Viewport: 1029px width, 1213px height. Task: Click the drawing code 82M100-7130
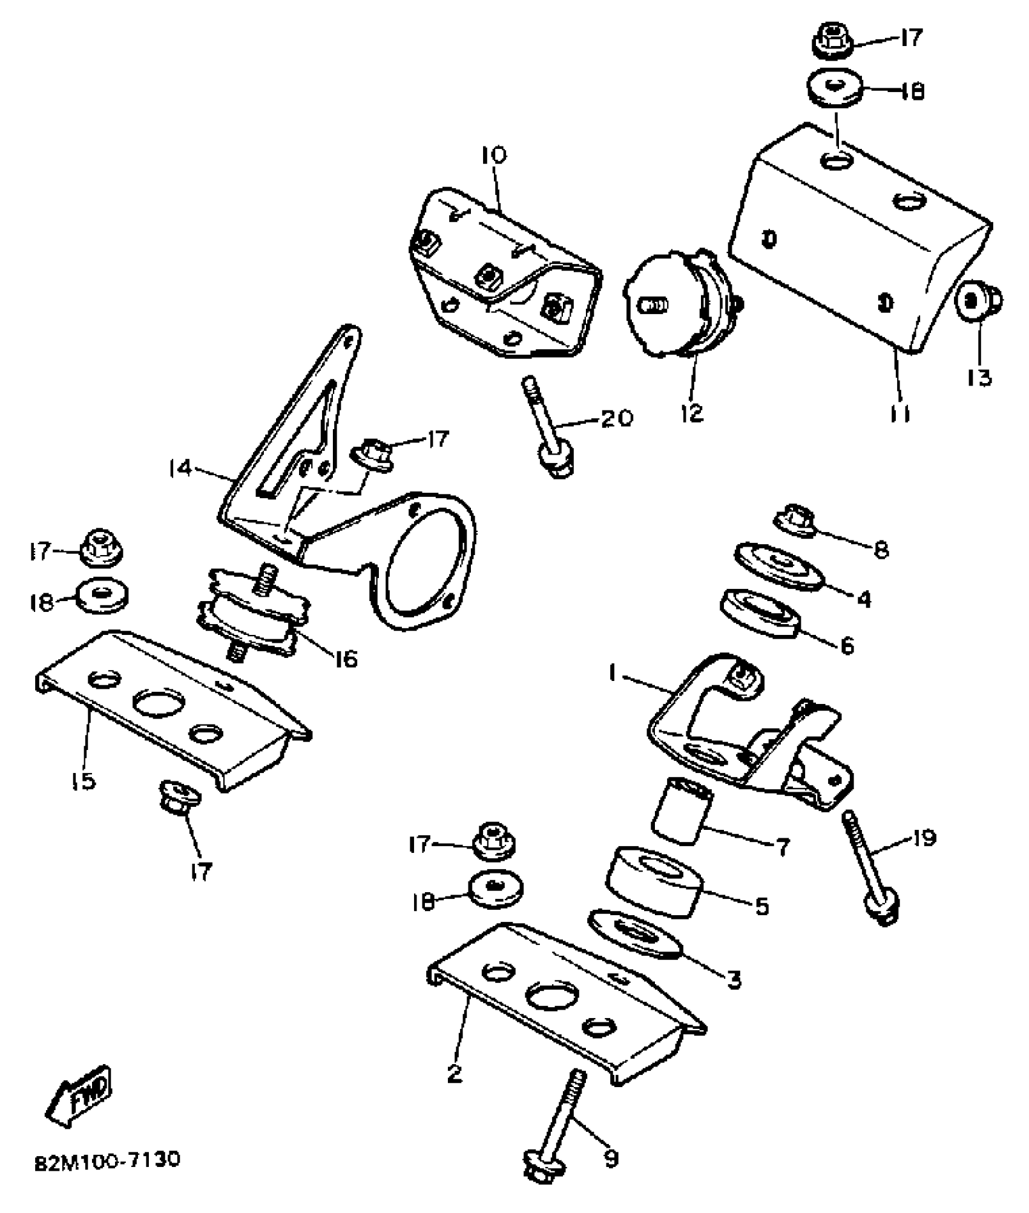(x=107, y=1161)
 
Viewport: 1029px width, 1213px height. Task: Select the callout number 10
(x=494, y=156)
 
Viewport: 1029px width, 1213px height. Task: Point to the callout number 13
(x=979, y=378)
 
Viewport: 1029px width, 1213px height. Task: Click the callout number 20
(x=617, y=418)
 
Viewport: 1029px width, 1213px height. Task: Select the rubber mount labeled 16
(x=252, y=612)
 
